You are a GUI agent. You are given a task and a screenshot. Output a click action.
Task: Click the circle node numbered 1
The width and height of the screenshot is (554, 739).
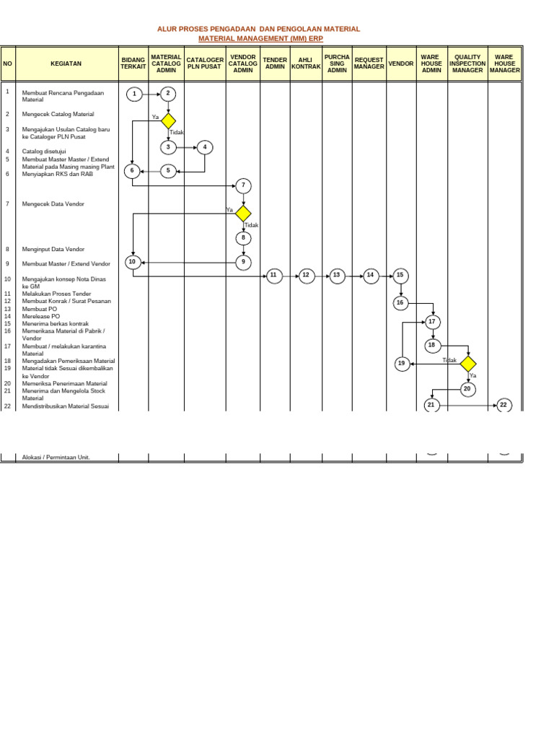(133, 94)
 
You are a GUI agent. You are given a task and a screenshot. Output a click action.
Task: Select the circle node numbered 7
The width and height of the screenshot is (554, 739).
(243, 185)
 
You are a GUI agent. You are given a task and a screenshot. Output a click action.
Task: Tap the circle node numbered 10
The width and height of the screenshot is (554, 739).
(133, 262)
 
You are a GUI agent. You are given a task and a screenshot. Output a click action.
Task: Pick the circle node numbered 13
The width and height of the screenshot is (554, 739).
(336, 275)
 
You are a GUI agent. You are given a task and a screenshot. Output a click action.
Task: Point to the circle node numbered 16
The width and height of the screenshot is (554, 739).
(400, 303)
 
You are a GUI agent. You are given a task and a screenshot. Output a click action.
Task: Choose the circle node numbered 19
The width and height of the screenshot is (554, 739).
(403, 364)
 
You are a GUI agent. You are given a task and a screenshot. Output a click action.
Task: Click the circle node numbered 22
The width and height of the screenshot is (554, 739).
(504, 406)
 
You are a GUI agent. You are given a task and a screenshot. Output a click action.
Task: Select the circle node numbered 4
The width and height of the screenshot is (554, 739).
(205, 147)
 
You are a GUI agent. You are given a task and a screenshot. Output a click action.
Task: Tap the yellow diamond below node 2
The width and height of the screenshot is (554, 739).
(168, 121)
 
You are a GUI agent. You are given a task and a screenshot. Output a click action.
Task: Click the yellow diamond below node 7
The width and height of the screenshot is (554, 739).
(243, 214)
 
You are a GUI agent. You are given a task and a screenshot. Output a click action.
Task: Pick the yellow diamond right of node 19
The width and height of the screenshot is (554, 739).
(467, 364)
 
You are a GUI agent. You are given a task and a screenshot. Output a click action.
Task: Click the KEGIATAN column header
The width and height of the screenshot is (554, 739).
(66, 64)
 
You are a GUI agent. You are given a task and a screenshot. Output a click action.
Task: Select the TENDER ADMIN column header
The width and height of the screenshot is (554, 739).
(275, 64)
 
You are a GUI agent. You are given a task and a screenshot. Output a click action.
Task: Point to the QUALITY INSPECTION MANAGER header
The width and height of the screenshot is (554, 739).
(467, 64)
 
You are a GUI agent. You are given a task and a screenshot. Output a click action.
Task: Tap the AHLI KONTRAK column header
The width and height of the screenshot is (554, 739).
(306, 64)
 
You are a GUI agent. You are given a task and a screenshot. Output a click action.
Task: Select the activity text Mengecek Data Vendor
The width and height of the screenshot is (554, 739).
(53, 204)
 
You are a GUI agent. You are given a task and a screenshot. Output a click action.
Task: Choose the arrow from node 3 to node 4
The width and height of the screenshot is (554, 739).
(186, 147)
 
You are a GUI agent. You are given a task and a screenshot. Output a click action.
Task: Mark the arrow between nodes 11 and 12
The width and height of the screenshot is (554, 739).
(290, 275)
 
